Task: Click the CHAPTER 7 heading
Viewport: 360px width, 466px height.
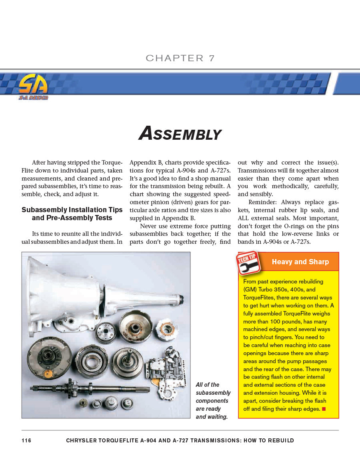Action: [180, 58]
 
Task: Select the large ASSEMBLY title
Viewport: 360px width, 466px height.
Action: [180, 134]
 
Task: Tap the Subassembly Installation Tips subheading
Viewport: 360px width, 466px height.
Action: [72, 214]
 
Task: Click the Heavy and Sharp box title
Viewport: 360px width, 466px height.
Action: [300, 262]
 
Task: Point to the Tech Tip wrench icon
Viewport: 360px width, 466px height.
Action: [248, 263]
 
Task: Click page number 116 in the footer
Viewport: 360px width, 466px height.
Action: [26, 440]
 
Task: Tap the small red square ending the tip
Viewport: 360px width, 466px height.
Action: [324, 409]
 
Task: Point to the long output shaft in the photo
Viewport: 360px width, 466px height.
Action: [88, 389]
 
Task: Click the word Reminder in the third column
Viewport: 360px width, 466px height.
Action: [262, 202]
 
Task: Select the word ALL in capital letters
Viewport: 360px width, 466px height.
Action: [244, 218]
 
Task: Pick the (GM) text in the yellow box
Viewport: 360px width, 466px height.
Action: [250, 289]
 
